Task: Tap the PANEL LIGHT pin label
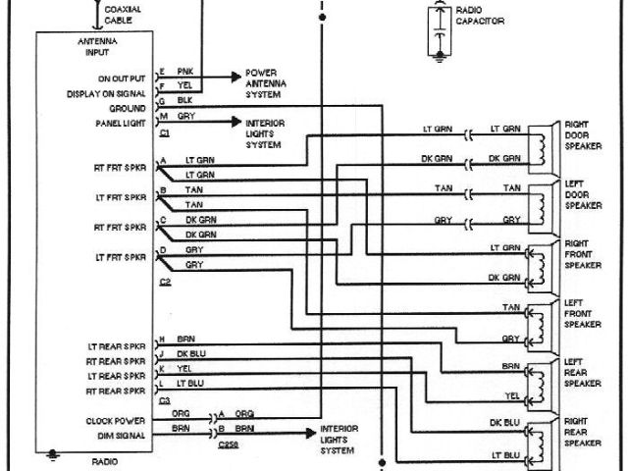click(x=121, y=123)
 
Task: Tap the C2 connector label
click(x=164, y=283)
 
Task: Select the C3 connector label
click(x=164, y=402)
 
